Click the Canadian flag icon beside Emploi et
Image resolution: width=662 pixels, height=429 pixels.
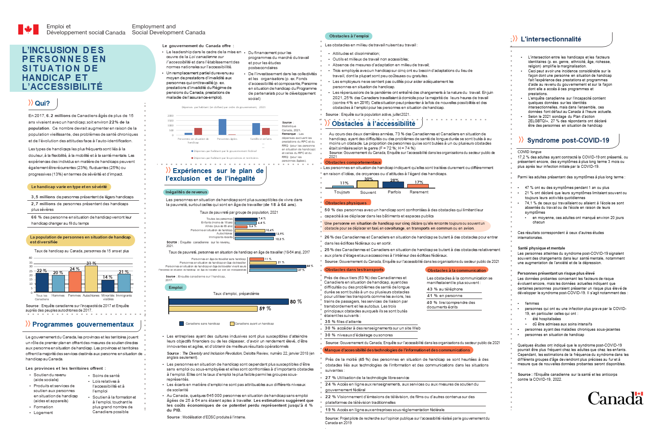tap(28, 29)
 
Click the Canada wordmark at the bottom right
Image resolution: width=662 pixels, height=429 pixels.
tap(615, 399)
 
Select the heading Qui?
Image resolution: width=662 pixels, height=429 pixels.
tap(42, 104)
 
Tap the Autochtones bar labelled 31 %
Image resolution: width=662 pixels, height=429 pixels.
tap(91, 279)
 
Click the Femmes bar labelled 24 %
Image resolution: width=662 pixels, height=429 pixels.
tap(75, 282)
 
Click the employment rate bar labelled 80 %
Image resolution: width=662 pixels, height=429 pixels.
tap(229, 301)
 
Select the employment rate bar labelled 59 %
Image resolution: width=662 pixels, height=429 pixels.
tap(213, 309)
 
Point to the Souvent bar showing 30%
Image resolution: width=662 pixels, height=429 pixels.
tap(368, 184)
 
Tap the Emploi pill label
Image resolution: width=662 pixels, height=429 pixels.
tap(176, 288)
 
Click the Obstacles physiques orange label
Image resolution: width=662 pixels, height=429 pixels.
tap(346, 203)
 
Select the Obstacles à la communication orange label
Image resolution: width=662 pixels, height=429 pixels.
tap(457, 270)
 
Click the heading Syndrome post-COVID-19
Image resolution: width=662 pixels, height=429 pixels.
tap(568, 141)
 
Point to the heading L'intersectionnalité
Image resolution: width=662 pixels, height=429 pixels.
tap(551, 39)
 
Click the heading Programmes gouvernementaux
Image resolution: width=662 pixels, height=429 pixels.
tap(83, 325)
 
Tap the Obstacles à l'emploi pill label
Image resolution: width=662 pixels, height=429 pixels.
tap(349, 36)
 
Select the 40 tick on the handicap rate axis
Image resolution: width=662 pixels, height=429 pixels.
tap(30, 258)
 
